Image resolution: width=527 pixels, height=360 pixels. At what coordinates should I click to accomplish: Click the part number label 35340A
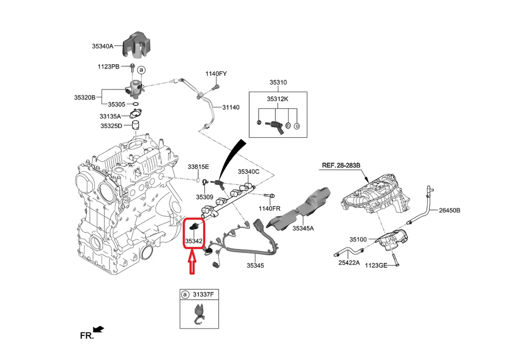(102, 47)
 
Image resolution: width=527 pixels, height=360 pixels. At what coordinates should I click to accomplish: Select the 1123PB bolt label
(108, 66)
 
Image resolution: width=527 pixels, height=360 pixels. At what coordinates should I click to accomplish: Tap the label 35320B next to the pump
(85, 97)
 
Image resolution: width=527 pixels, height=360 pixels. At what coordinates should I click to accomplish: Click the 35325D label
(111, 126)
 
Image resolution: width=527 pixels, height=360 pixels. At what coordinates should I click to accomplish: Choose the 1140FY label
(216, 74)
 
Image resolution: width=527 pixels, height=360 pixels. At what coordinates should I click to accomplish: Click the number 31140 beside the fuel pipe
(231, 107)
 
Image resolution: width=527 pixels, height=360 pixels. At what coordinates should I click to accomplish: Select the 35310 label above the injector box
(278, 82)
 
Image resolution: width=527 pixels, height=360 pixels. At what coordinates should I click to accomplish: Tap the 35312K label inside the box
(278, 99)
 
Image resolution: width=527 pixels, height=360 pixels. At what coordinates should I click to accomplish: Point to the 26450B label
(449, 210)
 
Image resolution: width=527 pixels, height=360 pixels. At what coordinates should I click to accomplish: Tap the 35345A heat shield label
(303, 228)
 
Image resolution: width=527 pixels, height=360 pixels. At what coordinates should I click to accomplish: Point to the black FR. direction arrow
(98, 329)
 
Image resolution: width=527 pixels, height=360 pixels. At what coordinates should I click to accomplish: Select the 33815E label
(198, 166)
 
